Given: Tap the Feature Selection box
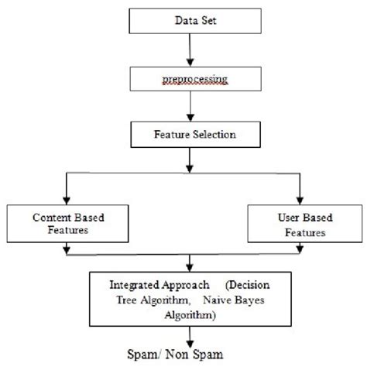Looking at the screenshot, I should coord(184,134).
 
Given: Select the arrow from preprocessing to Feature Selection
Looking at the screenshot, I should coord(186,108).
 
